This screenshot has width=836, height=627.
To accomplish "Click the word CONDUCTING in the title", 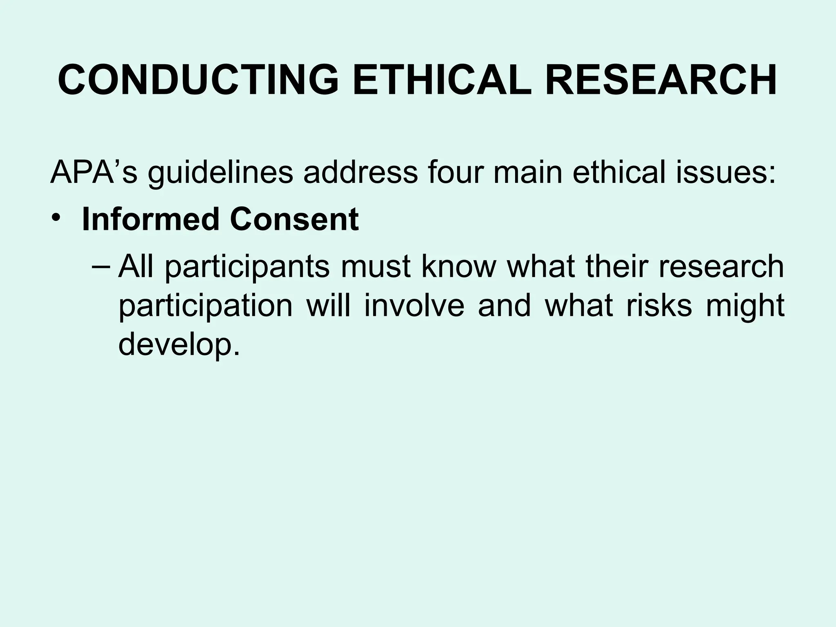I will [x=198, y=80].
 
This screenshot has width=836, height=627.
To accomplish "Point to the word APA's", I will [x=93, y=172].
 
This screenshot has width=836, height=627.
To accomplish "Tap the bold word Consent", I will [x=294, y=220].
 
